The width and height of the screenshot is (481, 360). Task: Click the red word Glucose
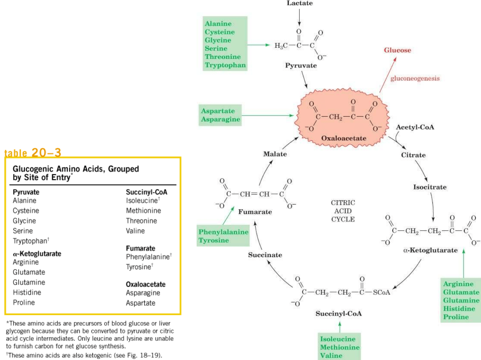click(x=397, y=50)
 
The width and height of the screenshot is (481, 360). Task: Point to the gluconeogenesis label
click(x=415, y=78)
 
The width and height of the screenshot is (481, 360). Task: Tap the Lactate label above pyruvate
click(x=299, y=3)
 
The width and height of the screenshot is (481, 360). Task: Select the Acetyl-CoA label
click(x=415, y=127)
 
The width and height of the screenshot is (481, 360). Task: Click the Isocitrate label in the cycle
click(x=429, y=187)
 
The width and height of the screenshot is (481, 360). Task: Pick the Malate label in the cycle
click(x=275, y=154)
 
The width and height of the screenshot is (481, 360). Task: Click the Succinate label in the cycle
click(x=265, y=255)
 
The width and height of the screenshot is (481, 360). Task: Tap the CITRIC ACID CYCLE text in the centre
click(x=343, y=211)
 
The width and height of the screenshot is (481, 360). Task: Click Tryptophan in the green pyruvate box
click(x=225, y=65)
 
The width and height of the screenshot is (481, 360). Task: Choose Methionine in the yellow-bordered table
click(x=143, y=211)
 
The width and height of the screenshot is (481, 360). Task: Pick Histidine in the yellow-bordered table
click(x=27, y=293)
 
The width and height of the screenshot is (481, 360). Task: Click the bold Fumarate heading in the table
click(x=140, y=248)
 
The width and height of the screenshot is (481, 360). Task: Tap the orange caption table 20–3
click(x=33, y=153)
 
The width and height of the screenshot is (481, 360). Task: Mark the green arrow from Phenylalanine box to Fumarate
click(x=228, y=216)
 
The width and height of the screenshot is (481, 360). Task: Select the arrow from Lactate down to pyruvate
click(x=299, y=17)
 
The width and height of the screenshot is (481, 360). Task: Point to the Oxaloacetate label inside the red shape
click(x=343, y=138)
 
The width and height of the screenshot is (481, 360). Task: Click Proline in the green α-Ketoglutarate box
click(x=456, y=317)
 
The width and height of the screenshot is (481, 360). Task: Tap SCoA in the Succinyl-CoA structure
click(x=382, y=293)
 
